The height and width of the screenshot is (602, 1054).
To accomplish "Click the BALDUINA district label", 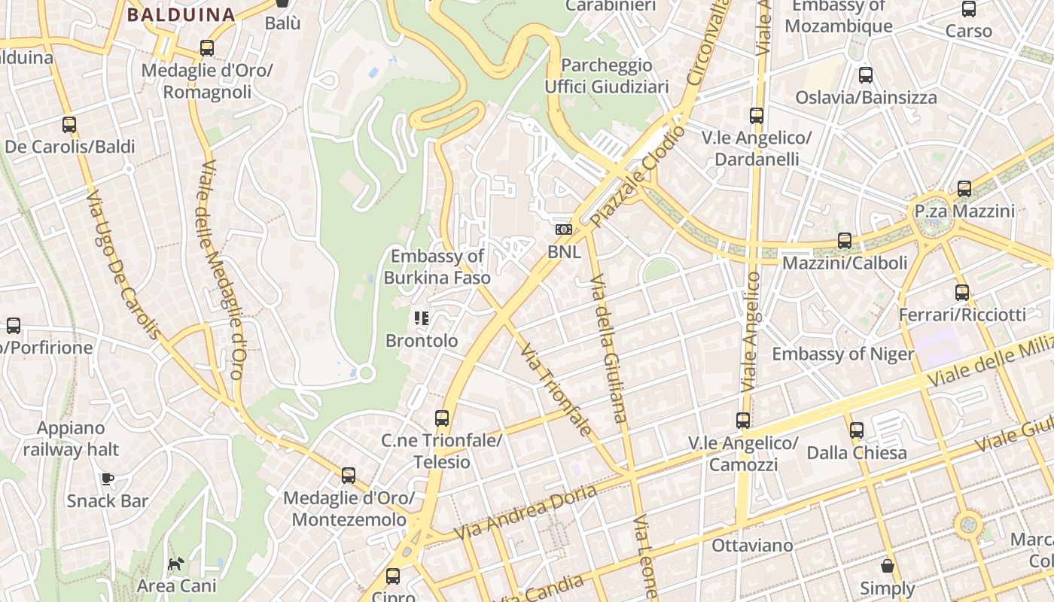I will (181, 14).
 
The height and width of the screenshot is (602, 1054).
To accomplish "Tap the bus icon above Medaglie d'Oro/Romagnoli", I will (207, 48).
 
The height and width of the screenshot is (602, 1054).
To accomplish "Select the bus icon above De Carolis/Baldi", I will (69, 125).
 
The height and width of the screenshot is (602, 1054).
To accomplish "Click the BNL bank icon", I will (564, 230).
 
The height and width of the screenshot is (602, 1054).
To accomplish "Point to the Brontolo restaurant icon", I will (422, 318).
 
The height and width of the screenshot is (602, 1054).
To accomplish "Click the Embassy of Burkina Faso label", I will (437, 267).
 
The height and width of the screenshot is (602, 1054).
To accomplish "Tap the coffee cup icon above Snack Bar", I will (108, 479).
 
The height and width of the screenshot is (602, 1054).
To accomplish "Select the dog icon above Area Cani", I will (175, 564).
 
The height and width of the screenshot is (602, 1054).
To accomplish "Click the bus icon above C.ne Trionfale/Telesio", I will (442, 418).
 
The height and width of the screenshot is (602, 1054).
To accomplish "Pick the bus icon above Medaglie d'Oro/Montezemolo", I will (348, 476).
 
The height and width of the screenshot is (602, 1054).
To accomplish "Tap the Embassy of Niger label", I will (843, 354).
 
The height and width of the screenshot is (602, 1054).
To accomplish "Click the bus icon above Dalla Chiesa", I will (857, 430).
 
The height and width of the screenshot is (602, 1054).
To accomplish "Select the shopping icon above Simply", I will (888, 566).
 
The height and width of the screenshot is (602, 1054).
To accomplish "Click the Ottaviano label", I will (752, 546).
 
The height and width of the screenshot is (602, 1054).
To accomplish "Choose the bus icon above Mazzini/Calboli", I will (845, 241).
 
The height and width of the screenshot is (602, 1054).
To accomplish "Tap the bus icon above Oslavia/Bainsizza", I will (866, 75).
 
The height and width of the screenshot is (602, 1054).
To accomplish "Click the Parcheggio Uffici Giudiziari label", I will (607, 76).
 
